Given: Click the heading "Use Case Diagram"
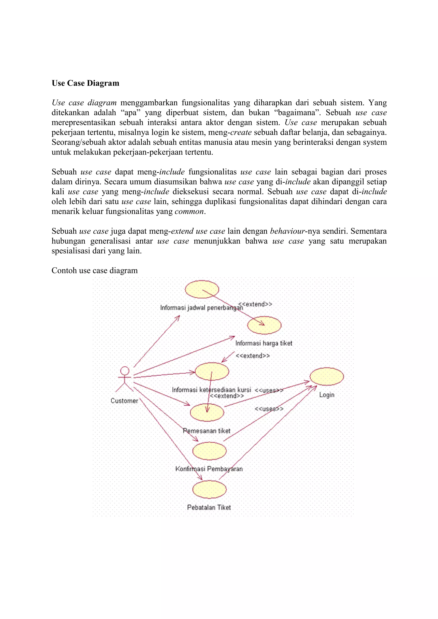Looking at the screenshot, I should (85, 83).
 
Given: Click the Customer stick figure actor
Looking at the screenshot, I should (124, 379).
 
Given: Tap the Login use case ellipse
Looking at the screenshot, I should (327, 376).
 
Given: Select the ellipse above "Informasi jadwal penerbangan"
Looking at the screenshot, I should (202, 289).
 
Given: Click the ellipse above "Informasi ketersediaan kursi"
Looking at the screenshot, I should (212, 371).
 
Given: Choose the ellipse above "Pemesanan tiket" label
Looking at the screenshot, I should (207, 412).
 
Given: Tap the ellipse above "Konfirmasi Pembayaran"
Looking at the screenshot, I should (209, 451).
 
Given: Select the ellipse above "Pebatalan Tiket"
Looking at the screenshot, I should (209, 489).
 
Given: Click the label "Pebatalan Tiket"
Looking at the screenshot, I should (209, 508).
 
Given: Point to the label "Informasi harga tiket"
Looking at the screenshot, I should (264, 343).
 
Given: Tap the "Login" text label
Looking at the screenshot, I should (327, 395).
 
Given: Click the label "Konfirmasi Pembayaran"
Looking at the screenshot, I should (209, 469).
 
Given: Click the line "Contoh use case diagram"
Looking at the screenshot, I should (95, 270).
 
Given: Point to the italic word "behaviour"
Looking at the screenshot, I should (287, 231).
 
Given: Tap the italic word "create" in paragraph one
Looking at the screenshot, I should (241, 132).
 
